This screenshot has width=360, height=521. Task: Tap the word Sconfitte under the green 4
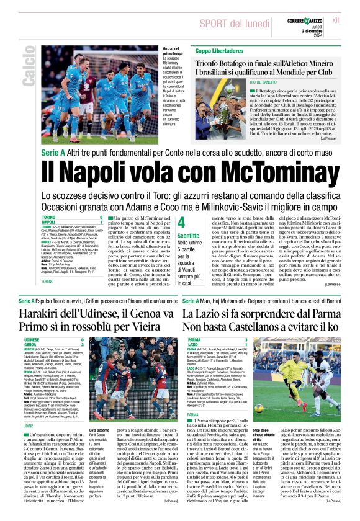(189, 236)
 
